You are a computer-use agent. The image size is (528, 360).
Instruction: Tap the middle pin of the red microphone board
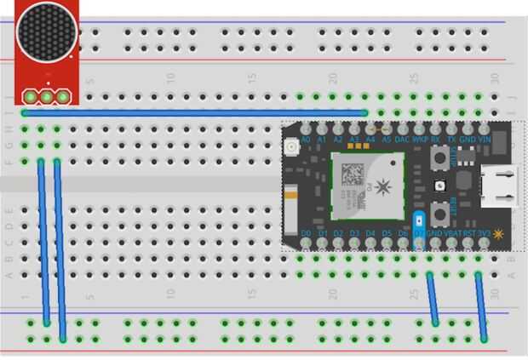(47, 96)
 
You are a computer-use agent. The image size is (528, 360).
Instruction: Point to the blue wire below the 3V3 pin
(481, 306)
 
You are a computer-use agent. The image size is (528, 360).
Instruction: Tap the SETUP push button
(442, 159)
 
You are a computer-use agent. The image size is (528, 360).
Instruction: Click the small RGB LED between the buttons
(439, 186)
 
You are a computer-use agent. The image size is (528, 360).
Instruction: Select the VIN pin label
(485, 138)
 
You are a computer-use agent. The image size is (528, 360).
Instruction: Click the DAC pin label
(403, 138)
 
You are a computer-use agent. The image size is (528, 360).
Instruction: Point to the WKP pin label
(419, 138)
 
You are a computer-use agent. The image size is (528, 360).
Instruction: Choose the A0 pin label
(305, 138)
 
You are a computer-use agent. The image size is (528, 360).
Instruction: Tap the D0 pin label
(305, 232)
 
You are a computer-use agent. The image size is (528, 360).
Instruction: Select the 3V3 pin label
(484, 232)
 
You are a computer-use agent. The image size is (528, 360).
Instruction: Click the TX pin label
(451, 138)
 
